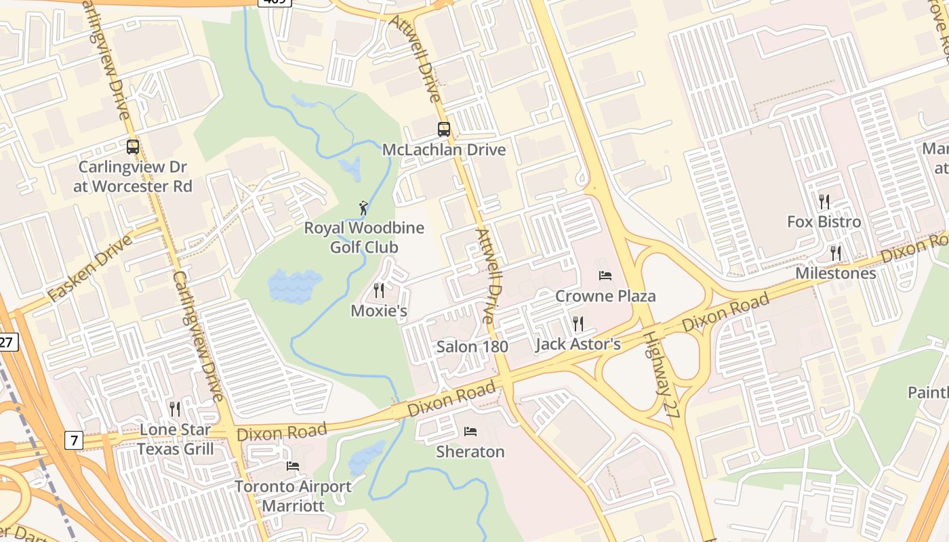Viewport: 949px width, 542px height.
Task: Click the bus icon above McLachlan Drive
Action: point(444,129)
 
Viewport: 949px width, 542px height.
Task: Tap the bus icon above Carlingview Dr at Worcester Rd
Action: point(133,146)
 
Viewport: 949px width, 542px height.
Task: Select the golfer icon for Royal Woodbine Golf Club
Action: point(364,207)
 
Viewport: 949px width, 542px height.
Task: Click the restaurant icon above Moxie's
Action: point(379,291)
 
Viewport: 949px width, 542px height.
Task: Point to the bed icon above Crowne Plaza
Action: point(605,275)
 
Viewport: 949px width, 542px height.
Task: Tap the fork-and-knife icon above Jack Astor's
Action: point(578,323)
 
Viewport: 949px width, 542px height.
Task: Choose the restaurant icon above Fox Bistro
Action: point(824,201)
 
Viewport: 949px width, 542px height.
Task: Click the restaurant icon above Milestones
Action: point(836,253)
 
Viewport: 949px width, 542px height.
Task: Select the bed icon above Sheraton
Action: point(470,431)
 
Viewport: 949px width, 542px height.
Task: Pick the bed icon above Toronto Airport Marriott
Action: point(293,465)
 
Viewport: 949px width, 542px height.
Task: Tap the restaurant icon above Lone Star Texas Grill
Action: point(175,409)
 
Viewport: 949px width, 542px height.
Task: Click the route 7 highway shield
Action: point(74,440)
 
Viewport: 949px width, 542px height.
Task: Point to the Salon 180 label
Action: point(472,347)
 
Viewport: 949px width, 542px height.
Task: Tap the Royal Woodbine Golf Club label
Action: point(364,237)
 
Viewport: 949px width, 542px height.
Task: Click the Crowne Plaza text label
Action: point(605,296)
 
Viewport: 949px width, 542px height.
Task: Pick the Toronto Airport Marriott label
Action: point(293,496)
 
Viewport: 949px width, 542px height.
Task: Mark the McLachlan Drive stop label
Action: point(444,150)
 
